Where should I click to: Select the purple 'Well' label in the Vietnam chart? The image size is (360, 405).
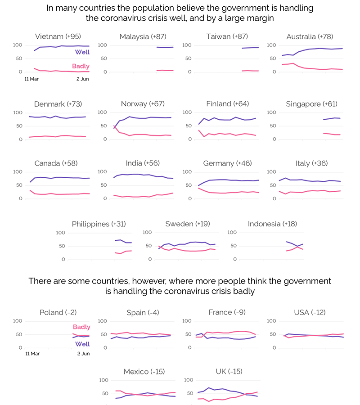[82, 52]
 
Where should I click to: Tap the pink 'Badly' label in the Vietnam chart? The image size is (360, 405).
[81, 66]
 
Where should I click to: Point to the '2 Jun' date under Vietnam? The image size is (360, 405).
[82, 79]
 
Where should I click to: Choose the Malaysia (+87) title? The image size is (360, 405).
[140, 36]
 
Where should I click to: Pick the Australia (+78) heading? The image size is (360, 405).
[310, 36]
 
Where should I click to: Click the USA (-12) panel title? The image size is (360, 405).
[310, 312]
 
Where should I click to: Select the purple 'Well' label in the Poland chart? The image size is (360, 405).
[82, 344]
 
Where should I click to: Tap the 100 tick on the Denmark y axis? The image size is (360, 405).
[18, 112]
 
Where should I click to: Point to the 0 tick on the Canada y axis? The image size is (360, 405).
[20, 198]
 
